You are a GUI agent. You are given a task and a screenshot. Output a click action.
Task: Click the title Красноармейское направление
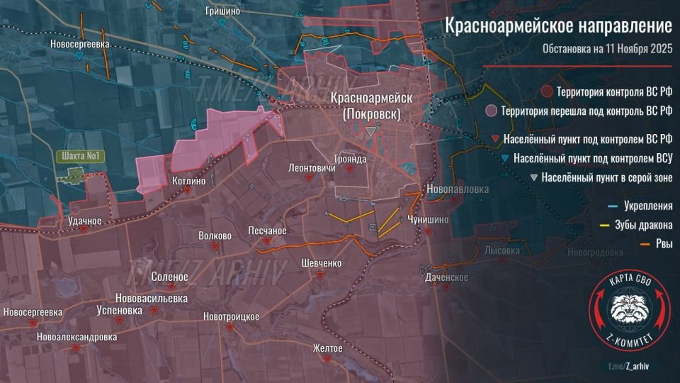tap(557, 26)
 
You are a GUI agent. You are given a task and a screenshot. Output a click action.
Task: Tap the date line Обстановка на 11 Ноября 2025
tap(607, 49)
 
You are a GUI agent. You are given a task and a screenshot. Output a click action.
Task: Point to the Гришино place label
tap(222, 11)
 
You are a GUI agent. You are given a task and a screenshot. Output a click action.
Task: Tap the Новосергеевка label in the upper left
tap(80, 44)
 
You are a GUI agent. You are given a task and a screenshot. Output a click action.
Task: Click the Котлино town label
tap(188, 182)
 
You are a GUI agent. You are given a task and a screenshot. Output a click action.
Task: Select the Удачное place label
tap(85, 221)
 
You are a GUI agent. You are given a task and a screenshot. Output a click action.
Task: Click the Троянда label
tap(351, 160)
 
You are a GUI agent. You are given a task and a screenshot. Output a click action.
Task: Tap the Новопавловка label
tap(458, 189)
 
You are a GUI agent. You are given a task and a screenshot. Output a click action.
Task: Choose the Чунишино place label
tap(428, 220)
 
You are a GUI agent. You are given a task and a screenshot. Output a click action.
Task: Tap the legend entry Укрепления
tap(647, 207)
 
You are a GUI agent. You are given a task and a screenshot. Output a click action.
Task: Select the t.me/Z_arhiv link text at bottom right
tap(628, 365)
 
